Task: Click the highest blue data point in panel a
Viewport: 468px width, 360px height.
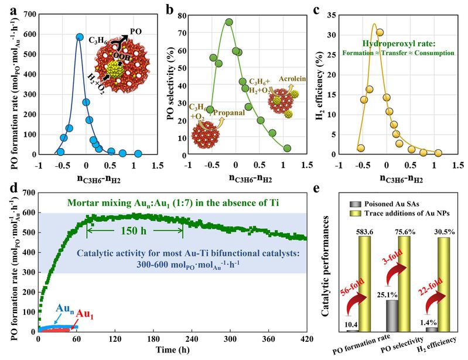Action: coord(80,37)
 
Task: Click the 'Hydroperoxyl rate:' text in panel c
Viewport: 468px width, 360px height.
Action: coord(406,43)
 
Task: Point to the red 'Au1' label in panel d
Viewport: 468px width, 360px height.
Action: coord(87,314)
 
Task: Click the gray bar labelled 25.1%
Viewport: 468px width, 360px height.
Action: coord(391,316)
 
